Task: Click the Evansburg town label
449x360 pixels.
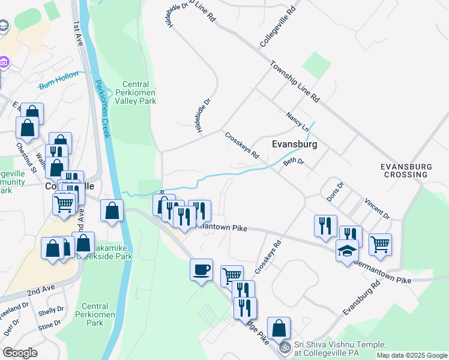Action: [294, 145]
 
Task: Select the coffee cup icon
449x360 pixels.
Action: [201, 269]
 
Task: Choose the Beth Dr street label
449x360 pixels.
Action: [294, 162]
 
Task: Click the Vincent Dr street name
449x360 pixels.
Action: [377, 207]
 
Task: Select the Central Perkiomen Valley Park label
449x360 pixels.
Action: [139, 92]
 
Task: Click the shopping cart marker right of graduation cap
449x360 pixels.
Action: [380, 244]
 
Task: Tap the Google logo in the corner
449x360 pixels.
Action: [20, 353]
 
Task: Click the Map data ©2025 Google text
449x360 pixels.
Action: [412, 355]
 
